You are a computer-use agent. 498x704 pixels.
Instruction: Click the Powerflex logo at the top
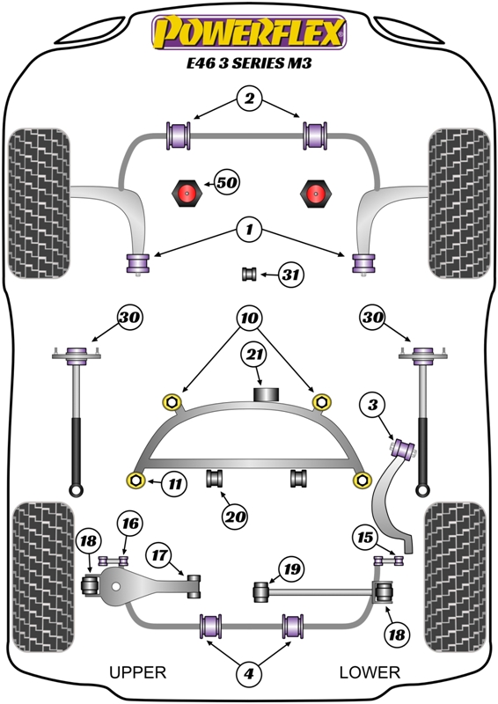[249, 32]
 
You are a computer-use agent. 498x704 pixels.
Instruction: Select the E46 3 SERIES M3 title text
[249, 62]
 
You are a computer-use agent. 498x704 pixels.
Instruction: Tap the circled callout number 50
[227, 182]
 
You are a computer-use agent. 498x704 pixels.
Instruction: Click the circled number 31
[290, 274]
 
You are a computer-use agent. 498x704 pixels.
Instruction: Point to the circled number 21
[254, 356]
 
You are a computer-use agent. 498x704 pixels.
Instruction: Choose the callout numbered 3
[373, 406]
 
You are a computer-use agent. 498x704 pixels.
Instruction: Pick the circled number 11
[175, 483]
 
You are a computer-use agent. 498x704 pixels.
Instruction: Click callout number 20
[234, 517]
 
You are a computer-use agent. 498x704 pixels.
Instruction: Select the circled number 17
[159, 555]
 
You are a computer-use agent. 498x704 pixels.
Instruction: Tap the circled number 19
[291, 569]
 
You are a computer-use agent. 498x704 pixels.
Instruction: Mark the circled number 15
[365, 537]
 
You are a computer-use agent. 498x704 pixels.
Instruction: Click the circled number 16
[130, 524]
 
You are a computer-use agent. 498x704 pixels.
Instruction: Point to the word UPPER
[138, 672]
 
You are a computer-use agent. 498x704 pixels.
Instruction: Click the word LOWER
[370, 672]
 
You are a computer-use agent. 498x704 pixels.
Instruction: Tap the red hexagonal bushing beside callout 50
[187, 194]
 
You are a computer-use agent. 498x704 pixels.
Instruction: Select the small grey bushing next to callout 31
[249, 274]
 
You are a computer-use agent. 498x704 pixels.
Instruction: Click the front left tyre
[40, 203]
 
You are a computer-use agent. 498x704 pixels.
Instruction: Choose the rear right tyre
[456, 577]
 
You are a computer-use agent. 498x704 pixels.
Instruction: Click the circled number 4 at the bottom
[249, 673]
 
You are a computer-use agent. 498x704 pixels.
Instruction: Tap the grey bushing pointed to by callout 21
[267, 393]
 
